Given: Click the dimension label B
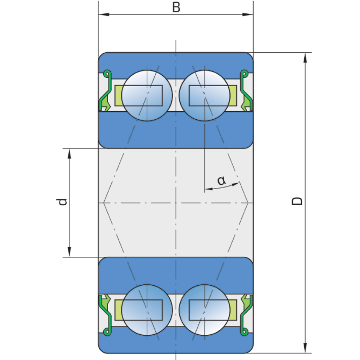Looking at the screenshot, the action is (176, 7).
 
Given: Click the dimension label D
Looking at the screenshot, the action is (297, 201).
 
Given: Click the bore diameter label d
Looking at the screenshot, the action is (62, 201).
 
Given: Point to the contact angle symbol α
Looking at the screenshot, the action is (221, 181).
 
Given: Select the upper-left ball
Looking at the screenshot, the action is (147, 96).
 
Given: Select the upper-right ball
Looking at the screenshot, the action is (204, 96).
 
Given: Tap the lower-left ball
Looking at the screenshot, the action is (147, 310).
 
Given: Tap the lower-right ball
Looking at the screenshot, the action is (204, 310).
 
